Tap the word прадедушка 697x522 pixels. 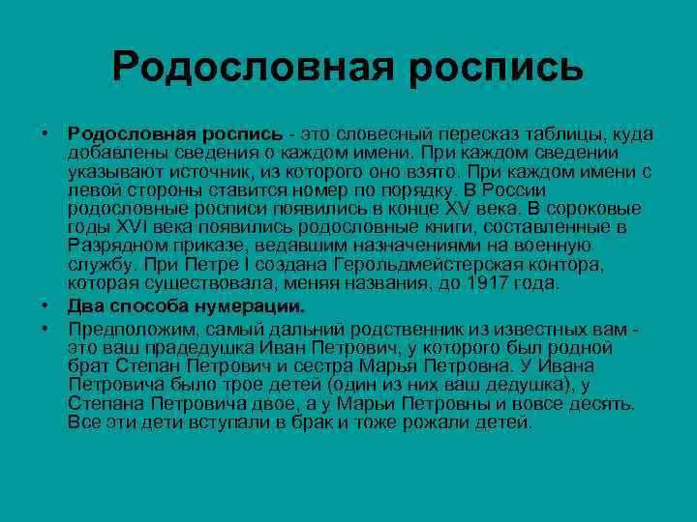[x=198, y=347]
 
